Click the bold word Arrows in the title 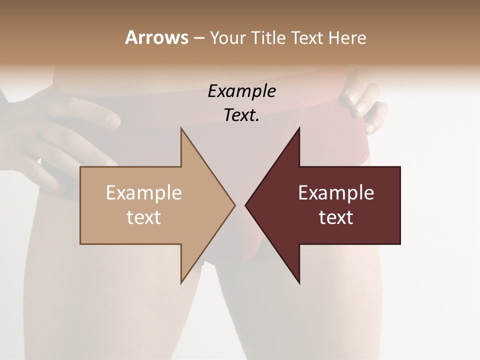tap(156, 37)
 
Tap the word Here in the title tap(347, 37)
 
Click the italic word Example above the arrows tap(241, 91)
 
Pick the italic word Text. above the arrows tap(241, 115)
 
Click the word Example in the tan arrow tap(144, 192)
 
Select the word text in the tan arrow tap(144, 217)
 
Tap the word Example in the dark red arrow tap(336, 192)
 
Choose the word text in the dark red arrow tap(336, 217)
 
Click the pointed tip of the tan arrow tap(234, 205)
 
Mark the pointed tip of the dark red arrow tap(245, 205)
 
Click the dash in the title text tap(198, 38)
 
